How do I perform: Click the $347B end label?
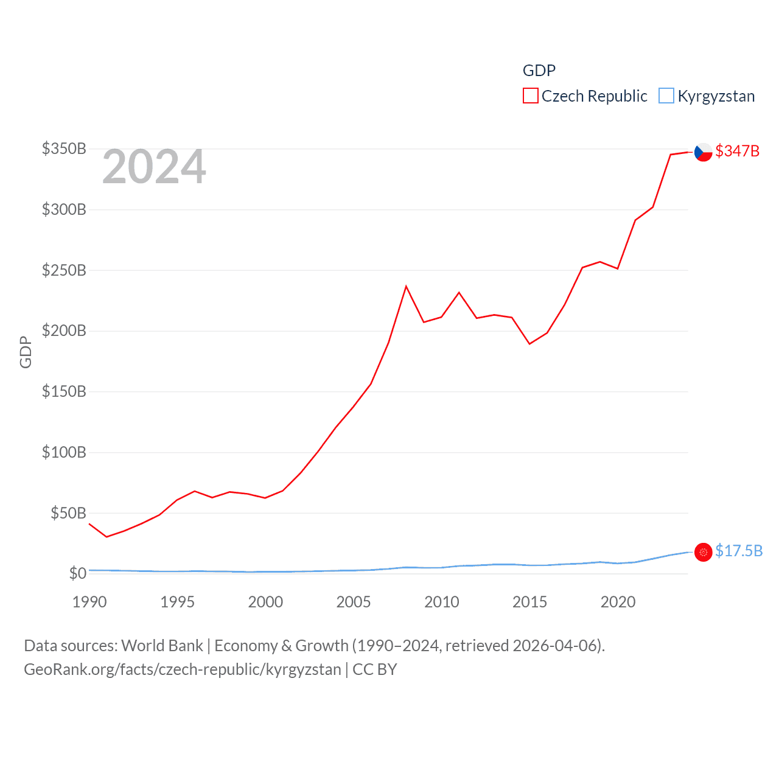pos(737,151)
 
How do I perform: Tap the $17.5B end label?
pos(739,551)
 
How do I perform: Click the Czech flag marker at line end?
pos(703,152)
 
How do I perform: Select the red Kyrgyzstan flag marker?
pos(703,552)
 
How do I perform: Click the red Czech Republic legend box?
pos(531,96)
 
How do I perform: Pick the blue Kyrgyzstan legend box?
pos(666,96)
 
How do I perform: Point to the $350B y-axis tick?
pos(64,148)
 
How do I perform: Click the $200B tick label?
pos(64,331)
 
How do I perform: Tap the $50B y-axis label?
pos(68,513)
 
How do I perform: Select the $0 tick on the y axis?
pos(77,573)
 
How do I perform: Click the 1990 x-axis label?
pos(89,602)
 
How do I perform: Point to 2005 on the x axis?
pos(354,602)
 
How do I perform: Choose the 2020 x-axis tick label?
pos(618,602)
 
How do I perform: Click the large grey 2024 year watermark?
pos(154,167)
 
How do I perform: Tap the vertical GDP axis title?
pos(26,352)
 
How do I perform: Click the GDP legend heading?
pos(539,71)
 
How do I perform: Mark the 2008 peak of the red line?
pos(406,286)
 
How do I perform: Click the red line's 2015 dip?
pos(529,344)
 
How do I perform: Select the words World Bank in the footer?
pos(162,646)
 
